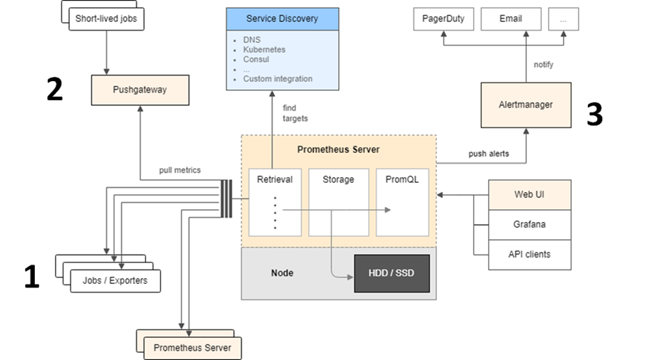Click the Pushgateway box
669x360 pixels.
tap(139, 90)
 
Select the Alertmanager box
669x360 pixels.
tap(526, 105)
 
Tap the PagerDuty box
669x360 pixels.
tap(443, 19)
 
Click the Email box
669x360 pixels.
tap(510, 19)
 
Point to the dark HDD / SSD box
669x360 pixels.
tap(392, 273)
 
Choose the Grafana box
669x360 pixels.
tap(530, 224)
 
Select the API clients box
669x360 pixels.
tap(530, 254)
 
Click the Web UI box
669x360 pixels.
tap(530, 194)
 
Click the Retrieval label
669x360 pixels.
tap(275, 179)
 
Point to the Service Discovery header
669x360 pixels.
tap(282, 18)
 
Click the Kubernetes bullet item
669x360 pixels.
tap(265, 50)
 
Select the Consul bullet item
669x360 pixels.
tap(256, 60)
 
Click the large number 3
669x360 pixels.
tap(594, 115)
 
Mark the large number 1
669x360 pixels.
tap(31, 277)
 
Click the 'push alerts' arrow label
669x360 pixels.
tap(488, 154)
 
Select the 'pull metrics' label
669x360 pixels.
tap(180, 170)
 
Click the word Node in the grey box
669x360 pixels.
tap(282, 273)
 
